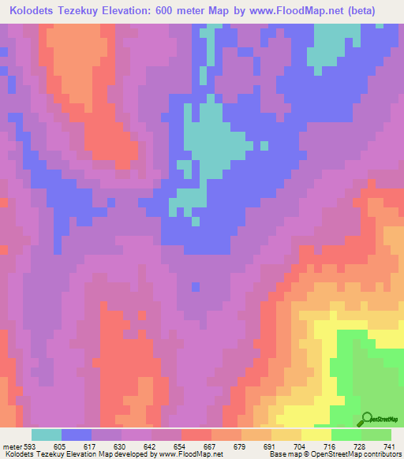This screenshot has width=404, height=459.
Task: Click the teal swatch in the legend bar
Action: point(47,435)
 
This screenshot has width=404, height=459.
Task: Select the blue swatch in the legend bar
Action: point(77,435)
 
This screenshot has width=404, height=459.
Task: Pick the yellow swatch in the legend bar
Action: point(316,435)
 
